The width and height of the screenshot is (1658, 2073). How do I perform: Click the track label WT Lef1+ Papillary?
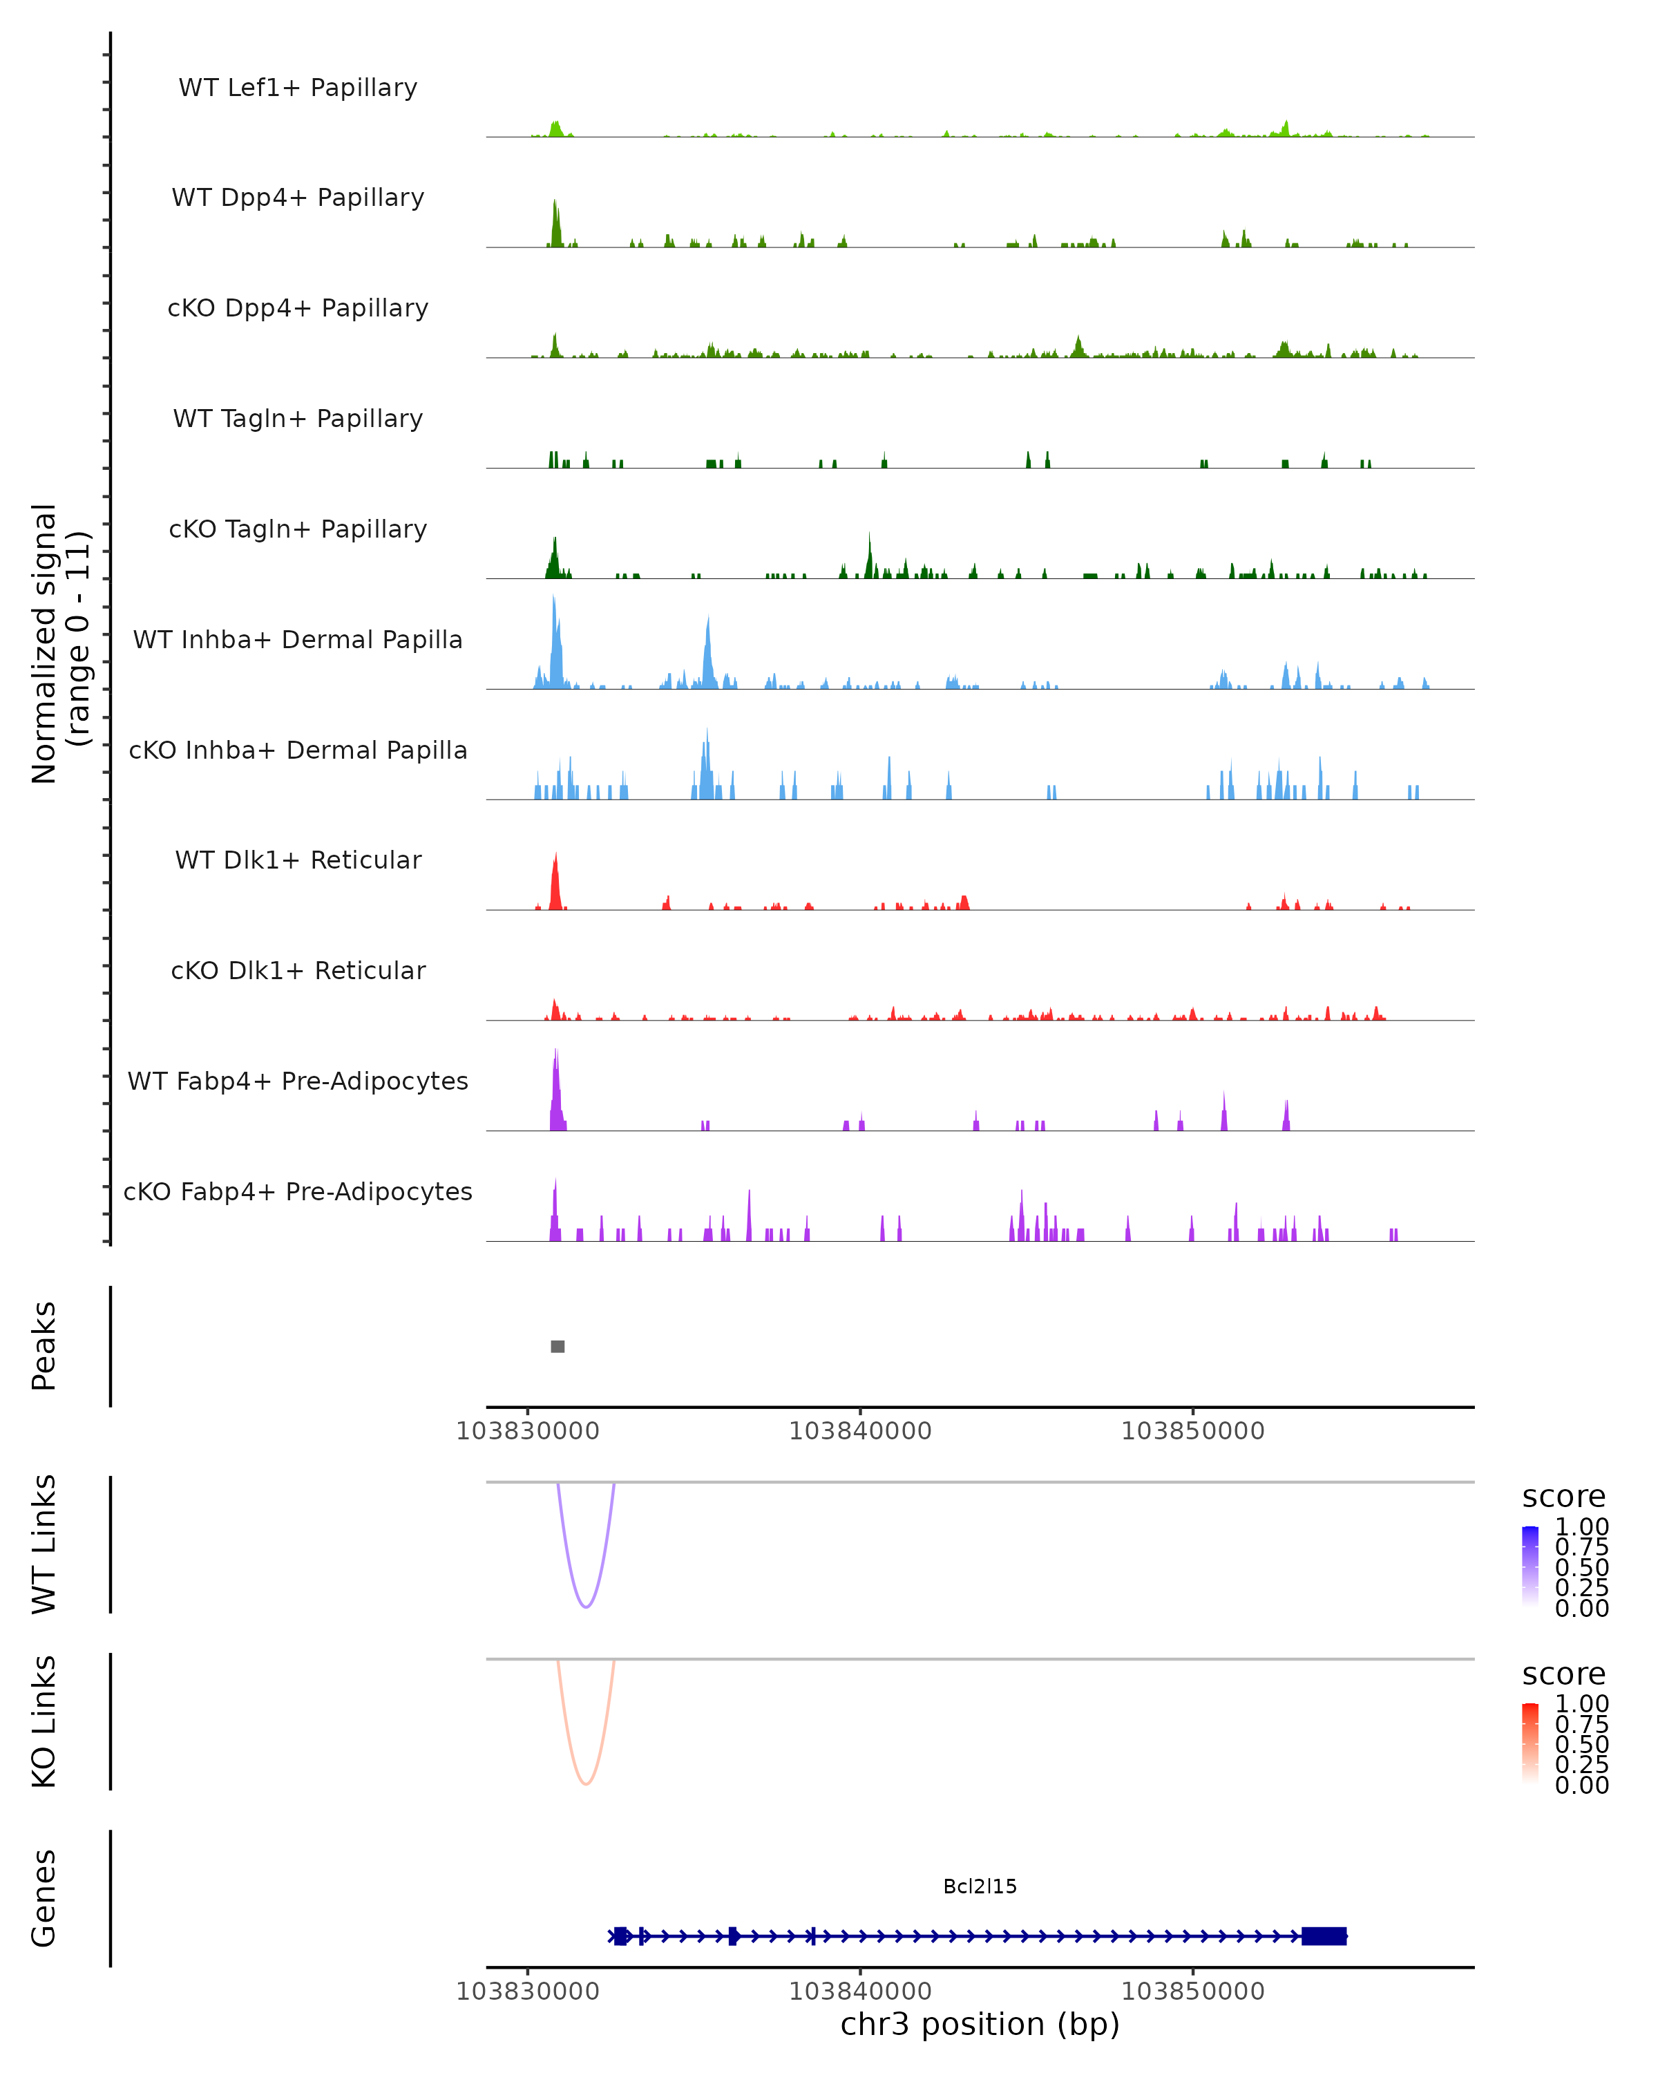click(x=298, y=88)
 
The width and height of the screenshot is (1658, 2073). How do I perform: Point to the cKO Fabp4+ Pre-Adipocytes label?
click(x=298, y=1191)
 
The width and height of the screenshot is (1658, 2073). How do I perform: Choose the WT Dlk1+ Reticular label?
click(x=298, y=860)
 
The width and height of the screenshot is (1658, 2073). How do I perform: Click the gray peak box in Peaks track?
click(x=558, y=1346)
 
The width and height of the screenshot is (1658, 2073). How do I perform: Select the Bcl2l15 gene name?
click(x=980, y=1886)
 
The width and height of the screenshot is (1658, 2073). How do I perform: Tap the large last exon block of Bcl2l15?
click(x=1324, y=1935)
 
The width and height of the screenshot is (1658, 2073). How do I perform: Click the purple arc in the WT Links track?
click(x=585, y=1607)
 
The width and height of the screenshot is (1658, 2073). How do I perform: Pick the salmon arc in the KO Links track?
click(x=585, y=1783)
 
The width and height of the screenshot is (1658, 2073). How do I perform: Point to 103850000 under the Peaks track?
click(x=1193, y=1431)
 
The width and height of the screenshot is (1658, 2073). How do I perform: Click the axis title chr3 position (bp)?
click(x=980, y=2024)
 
